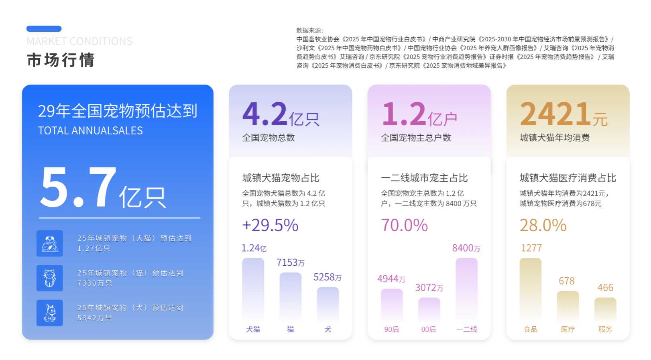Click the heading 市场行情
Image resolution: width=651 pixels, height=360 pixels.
click(61, 60)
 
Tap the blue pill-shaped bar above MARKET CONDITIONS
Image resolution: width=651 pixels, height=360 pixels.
click(44, 28)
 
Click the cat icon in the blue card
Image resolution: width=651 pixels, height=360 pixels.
click(50, 278)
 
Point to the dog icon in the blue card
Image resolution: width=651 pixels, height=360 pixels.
click(50, 313)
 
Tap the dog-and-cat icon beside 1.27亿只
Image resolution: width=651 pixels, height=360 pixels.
click(50, 244)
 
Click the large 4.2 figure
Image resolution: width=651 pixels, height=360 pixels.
click(264, 114)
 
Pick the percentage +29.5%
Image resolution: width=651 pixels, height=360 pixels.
click(270, 225)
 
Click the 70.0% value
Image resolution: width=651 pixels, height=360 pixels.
click(404, 225)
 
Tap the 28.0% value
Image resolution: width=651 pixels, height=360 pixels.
click(543, 225)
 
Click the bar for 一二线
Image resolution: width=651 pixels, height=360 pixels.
click(466, 289)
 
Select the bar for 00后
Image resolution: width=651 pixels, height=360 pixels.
click(429, 309)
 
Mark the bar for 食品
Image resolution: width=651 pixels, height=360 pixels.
click(530, 289)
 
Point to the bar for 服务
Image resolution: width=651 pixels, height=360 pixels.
click(605, 309)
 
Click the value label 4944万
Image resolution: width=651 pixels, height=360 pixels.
click(391, 279)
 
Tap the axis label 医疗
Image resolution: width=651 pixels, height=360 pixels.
click(568, 329)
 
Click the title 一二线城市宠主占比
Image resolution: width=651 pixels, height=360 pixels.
click(424, 178)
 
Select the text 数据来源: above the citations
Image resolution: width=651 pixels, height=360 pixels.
click(309, 31)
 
